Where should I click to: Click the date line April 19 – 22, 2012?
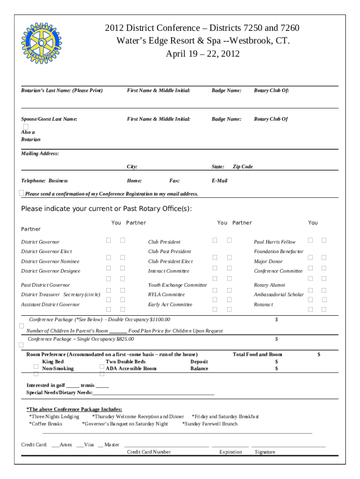click(202, 54)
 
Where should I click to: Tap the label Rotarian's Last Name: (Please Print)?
click(62, 90)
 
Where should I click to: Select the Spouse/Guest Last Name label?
click(49, 119)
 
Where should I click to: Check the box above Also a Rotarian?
click(26, 127)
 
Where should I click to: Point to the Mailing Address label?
click(40, 153)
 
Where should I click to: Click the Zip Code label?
click(243, 167)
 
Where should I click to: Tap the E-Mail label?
click(219, 181)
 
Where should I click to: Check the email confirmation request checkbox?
click(22, 193)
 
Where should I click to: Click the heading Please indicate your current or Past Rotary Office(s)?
click(106, 209)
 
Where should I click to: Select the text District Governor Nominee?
click(50, 261)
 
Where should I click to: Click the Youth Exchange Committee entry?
click(177, 285)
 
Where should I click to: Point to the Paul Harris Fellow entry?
click(274, 242)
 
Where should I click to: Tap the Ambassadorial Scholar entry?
click(279, 295)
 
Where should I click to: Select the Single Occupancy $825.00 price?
click(123, 339)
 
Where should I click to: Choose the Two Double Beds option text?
click(125, 362)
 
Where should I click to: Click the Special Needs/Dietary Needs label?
click(59, 392)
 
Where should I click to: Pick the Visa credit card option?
click(88, 444)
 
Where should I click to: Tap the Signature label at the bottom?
click(265, 452)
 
